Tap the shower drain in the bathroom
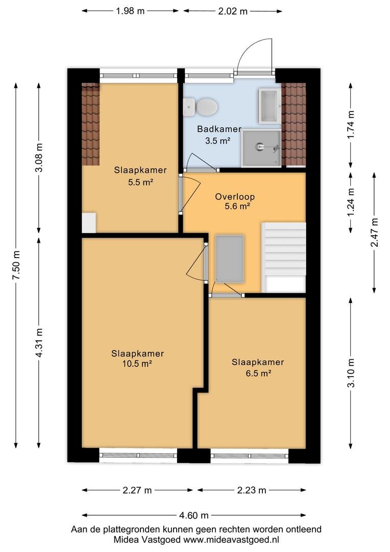pos(260,146)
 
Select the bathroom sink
pos(270,106)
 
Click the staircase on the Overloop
pos(283,257)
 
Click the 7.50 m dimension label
pos(16,265)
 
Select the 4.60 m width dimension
pos(194,515)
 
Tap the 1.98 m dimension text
pos(130,11)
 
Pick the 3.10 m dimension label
pos(351,373)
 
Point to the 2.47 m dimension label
pos(375,233)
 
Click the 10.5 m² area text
pos(137,364)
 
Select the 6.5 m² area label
pos(258,373)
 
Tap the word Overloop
pos(235,197)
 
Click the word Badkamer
pos(219,129)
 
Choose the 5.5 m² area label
pos(141,182)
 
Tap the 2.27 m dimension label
pos(137,490)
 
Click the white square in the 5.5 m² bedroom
pos(89,222)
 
